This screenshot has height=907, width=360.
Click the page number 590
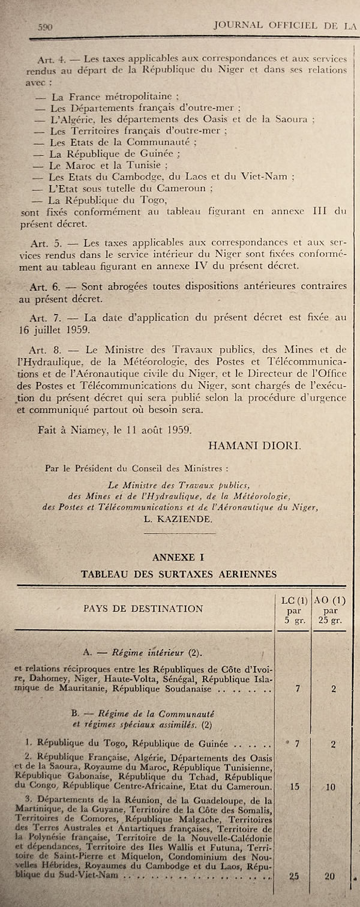click(46, 26)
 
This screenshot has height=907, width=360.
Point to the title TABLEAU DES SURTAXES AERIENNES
click(178, 574)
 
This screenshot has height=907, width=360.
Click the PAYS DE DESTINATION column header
click(143, 608)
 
